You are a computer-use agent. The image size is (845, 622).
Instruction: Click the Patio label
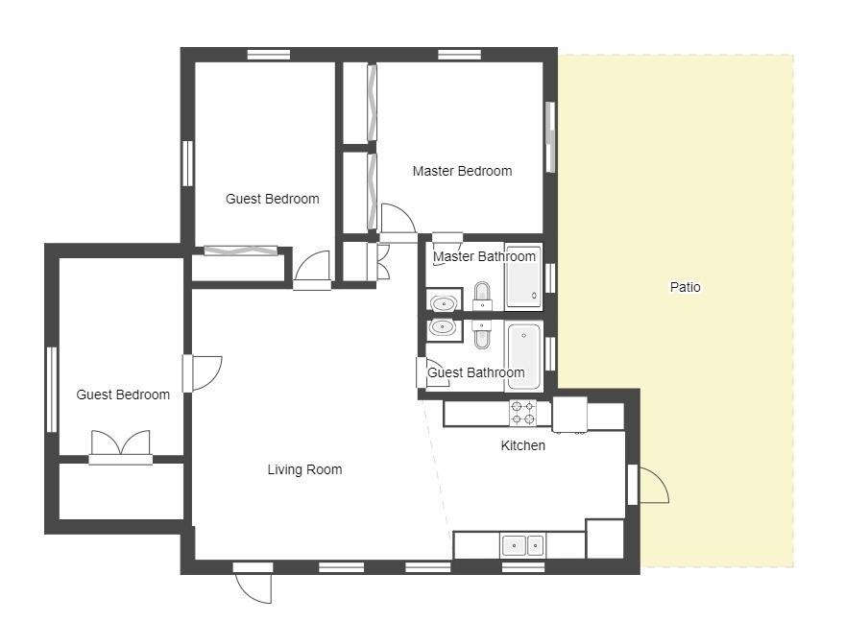685,287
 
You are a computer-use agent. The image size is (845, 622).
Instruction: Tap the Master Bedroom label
462,171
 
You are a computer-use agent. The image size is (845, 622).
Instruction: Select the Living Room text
304,469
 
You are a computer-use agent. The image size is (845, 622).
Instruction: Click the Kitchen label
522,445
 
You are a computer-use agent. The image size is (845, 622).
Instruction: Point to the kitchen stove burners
523,413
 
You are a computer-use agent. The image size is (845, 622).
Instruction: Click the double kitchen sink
522,545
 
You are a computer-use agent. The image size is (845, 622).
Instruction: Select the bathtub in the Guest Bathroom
524,355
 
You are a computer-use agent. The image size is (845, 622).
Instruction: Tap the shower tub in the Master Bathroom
523,277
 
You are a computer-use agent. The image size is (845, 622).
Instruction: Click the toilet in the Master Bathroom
482,296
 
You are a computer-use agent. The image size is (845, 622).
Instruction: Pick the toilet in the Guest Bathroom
481,334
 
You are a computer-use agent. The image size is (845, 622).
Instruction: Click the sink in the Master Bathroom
444,303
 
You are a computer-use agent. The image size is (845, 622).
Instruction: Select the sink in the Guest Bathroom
444,327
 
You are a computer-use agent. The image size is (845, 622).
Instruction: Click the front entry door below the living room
253,583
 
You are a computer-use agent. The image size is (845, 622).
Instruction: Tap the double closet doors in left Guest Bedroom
121,447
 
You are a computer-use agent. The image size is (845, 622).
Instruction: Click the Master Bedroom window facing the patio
549,137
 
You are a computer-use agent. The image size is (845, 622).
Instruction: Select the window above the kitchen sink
523,566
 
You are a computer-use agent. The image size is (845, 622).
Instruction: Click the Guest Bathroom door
433,372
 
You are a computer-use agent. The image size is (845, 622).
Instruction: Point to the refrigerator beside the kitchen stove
569,414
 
